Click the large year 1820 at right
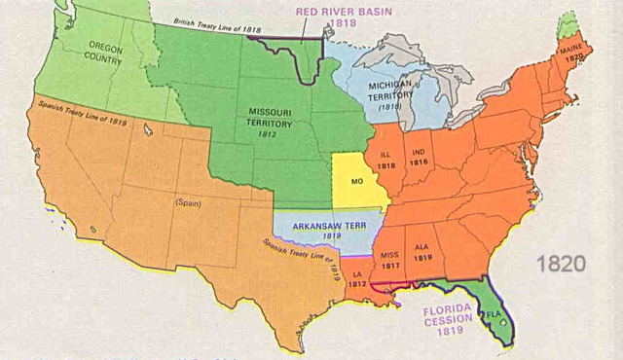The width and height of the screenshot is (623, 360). point(561,264)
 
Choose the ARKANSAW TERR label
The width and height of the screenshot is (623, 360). point(332,223)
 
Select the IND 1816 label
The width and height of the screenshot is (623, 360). point(420,158)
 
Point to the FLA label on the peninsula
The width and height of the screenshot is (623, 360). point(493,315)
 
